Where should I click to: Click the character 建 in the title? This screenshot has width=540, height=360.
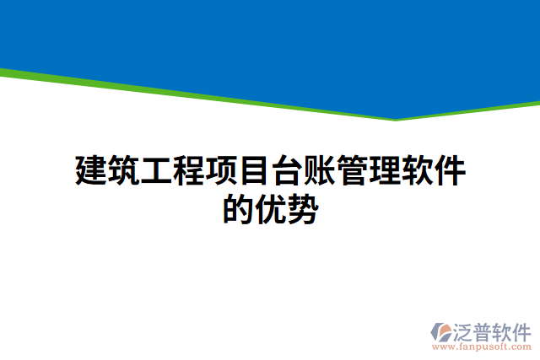[x=91, y=171]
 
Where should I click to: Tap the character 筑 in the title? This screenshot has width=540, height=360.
[x=124, y=171]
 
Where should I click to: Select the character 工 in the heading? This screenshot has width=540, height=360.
[x=157, y=171]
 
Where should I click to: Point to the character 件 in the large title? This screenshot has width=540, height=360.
[x=451, y=171]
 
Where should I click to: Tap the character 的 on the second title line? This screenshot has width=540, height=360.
[x=238, y=209]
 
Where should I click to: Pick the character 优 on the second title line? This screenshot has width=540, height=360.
[x=271, y=209]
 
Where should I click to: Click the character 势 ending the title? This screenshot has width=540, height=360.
[x=303, y=209]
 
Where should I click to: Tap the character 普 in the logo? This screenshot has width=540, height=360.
[x=485, y=330]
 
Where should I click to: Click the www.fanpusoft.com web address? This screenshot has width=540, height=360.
[x=482, y=347]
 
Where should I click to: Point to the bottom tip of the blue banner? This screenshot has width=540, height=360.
[x=395, y=120]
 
